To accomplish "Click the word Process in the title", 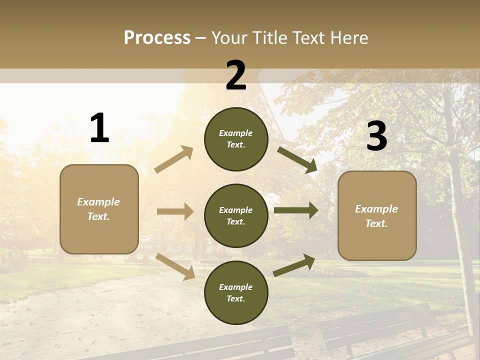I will click(x=157, y=38).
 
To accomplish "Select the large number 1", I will click(x=99, y=128).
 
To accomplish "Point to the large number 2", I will click(x=236, y=75).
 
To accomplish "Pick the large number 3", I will click(x=377, y=136).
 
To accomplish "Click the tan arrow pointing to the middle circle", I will click(x=175, y=211).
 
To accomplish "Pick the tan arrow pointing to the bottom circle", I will click(x=175, y=266).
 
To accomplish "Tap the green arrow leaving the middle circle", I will click(x=296, y=210).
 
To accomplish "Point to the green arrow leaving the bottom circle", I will click(x=294, y=265).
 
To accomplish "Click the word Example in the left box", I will click(x=98, y=202).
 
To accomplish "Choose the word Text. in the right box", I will click(x=376, y=223).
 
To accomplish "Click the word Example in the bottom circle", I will click(x=236, y=287).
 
